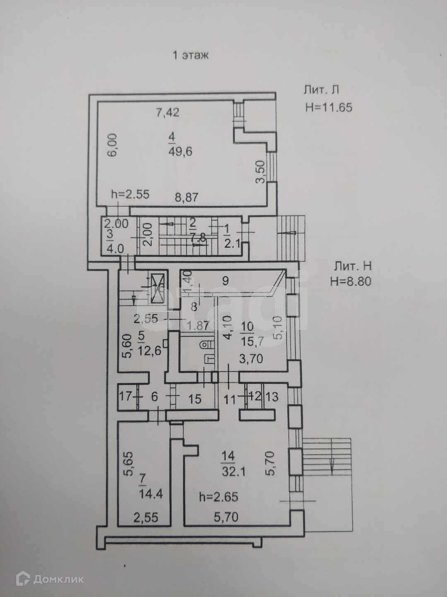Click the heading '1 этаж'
coord(190,55)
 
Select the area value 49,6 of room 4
coord(181,151)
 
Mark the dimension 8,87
coord(185,197)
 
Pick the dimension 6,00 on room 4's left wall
coord(114,144)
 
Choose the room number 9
coord(225,281)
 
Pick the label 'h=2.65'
coord(218,496)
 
